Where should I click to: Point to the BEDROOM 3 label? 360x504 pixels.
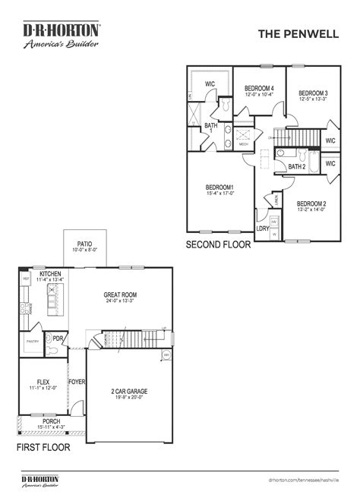point(313,93)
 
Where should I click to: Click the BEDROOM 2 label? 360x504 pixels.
point(311,203)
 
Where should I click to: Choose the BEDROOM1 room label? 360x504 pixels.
point(219,187)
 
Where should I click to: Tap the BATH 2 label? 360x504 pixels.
point(296,166)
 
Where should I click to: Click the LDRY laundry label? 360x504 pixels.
point(262,228)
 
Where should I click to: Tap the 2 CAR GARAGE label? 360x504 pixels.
point(128,391)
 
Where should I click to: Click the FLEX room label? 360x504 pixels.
point(43,383)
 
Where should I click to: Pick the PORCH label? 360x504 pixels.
point(52,421)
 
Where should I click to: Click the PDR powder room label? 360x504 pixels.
point(58,339)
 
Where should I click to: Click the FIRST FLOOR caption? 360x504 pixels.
point(43,448)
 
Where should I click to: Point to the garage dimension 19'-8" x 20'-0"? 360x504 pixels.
point(128,397)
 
